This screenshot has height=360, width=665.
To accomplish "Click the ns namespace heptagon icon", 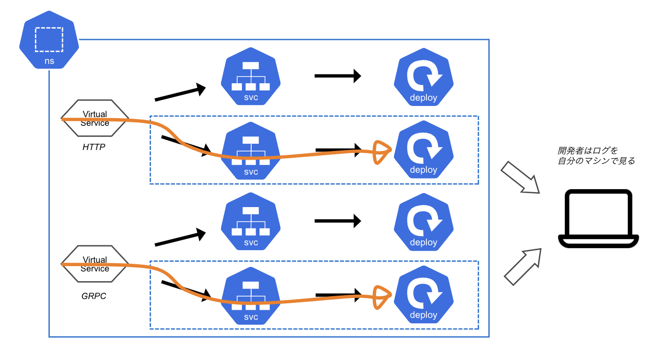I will [x=49, y=45].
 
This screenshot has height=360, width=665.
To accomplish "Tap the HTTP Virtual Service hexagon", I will [x=95, y=119].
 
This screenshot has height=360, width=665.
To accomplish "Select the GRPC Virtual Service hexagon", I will [x=95, y=264].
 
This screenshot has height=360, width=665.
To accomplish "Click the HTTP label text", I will [x=94, y=147].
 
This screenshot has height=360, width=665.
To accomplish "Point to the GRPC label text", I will [x=94, y=296].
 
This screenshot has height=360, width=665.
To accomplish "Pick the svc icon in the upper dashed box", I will [x=251, y=150].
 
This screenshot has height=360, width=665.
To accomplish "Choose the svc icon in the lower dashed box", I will [x=251, y=296].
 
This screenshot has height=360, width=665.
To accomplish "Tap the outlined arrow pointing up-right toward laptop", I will [x=522, y=266].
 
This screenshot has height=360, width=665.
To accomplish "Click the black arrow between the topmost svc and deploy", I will [x=337, y=76].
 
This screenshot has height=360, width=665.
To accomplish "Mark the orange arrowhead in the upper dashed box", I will [x=382, y=152].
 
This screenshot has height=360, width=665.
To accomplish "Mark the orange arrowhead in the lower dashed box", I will [x=382, y=297].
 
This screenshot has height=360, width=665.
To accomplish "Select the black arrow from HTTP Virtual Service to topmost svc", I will [x=180, y=93].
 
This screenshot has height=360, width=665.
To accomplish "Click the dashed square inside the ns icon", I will [x=49, y=39].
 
